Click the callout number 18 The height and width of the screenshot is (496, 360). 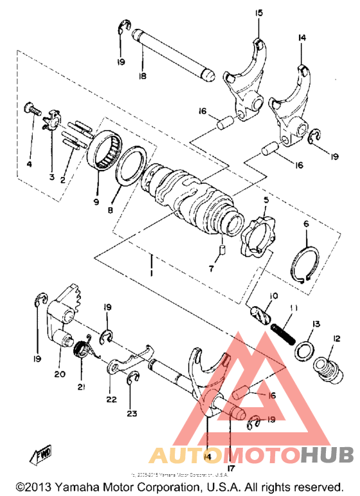[141, 76]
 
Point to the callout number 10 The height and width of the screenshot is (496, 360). [274, 295]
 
